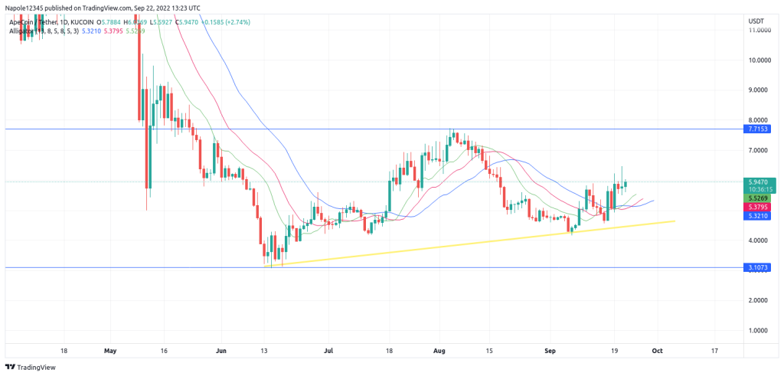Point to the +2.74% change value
248,22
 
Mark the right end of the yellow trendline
675,221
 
